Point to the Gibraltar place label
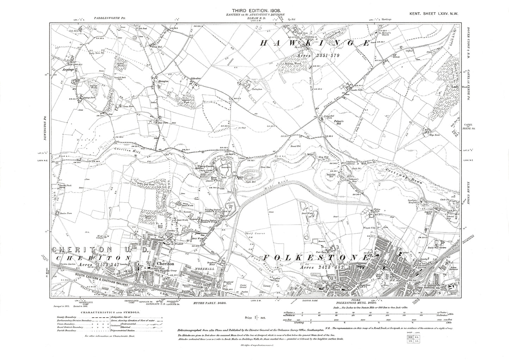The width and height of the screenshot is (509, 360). coord(196,76)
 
